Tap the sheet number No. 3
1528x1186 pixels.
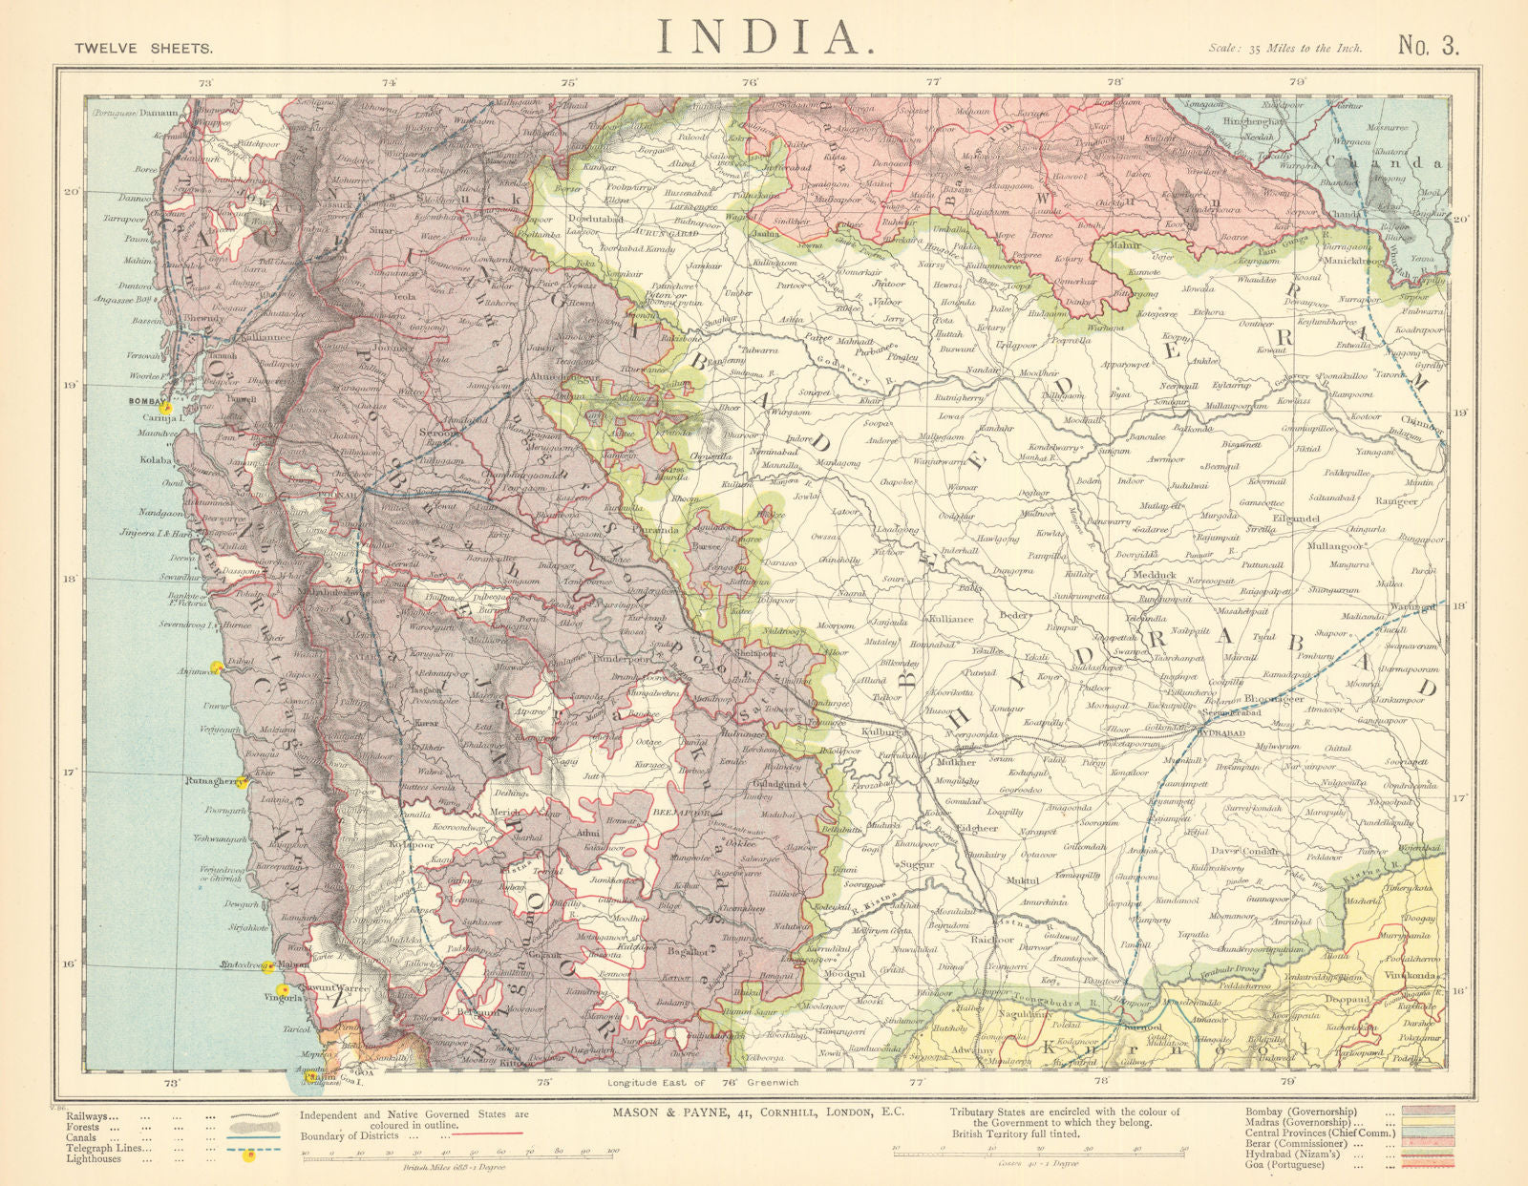click(1429, 46)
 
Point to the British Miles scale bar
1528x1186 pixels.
click(458, 1155)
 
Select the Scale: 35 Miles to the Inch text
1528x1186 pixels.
click(1284, 48)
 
